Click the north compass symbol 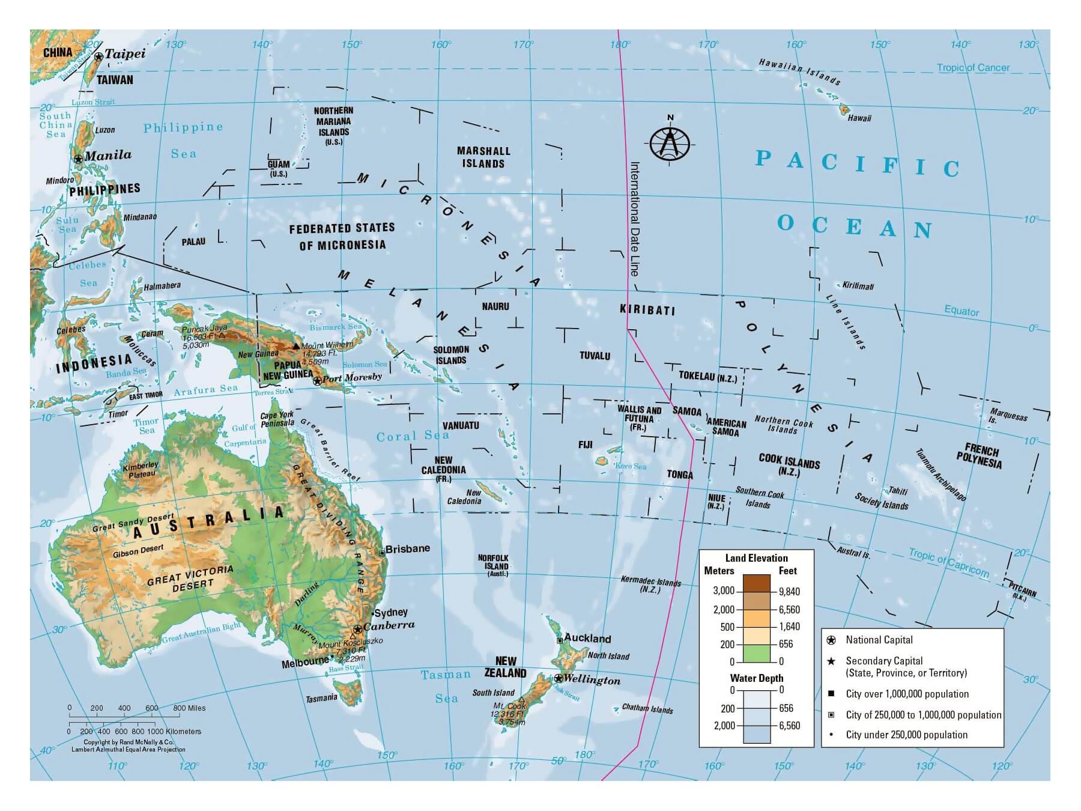(670, 144)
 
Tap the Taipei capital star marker (98, 56)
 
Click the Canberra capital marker (358, 629)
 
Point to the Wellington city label (592, 680)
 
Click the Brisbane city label (408, 548)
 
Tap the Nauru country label (495, 306)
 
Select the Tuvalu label (595, 356)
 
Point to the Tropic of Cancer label (974, 68)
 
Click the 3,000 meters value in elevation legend (723, 591)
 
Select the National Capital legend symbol (832, 640)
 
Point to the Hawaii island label (859, 118)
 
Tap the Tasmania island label (321, 698)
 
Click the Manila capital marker (78, 159)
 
